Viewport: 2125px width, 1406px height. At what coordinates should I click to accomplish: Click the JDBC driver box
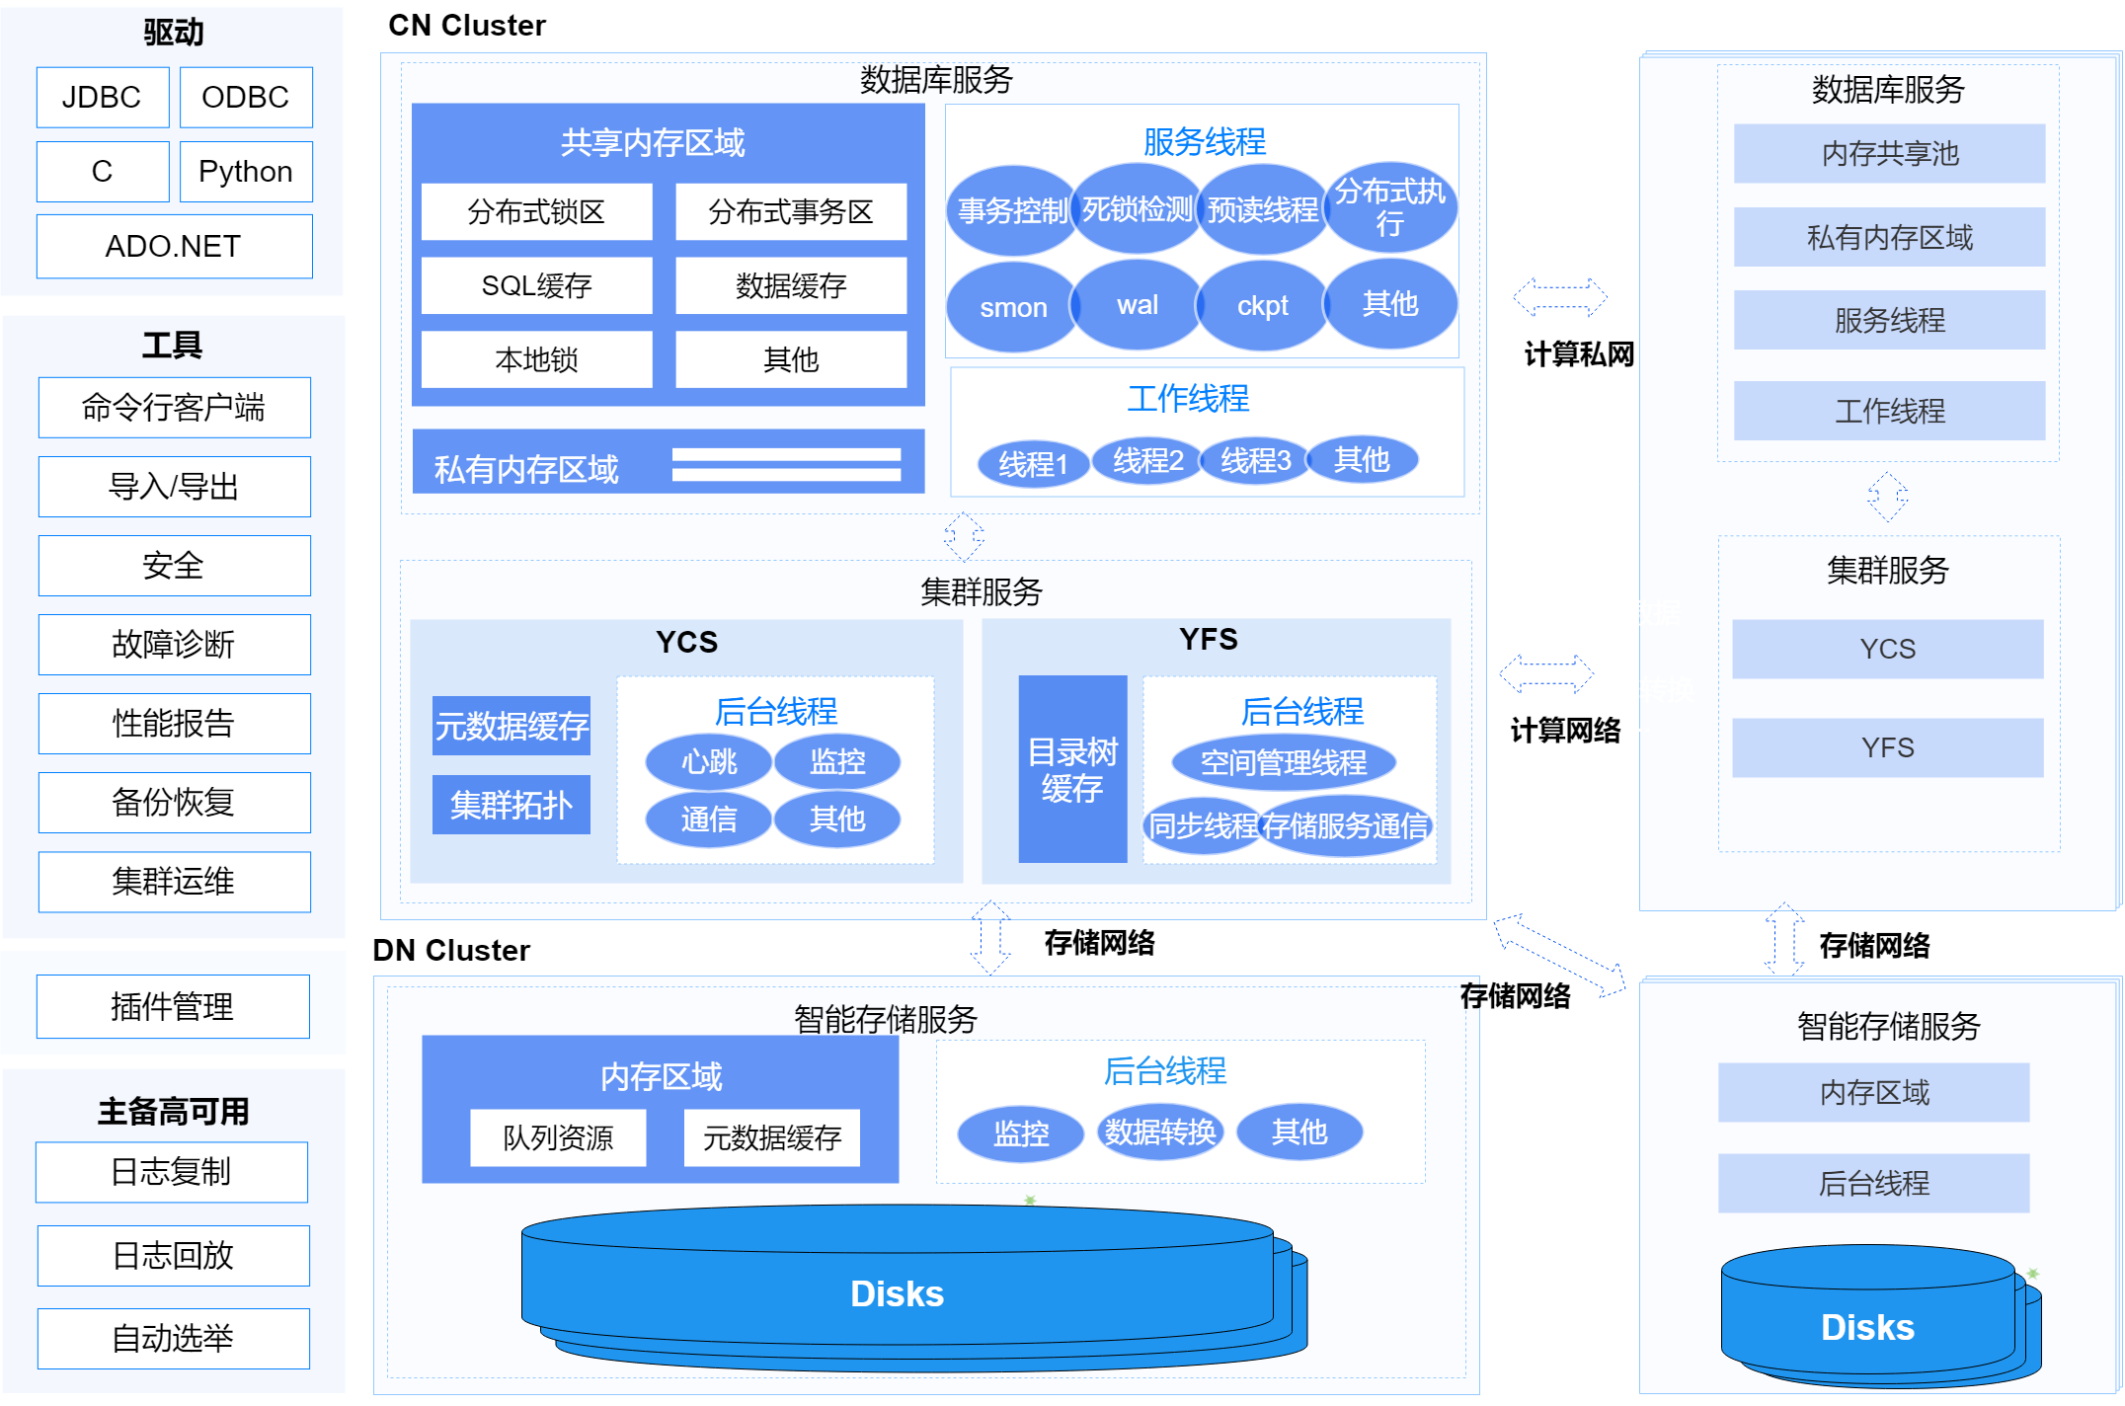coord(103,97)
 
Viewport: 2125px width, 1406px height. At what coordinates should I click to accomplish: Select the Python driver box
coord(246,172)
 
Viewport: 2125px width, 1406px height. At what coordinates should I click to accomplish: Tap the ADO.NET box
coord(174,246)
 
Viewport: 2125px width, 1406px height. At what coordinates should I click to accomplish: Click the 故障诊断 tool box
coord(174,645)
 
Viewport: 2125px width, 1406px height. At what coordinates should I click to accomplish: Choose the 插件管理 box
coord(173,1006)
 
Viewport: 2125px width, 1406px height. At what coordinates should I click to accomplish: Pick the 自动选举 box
coord(173,1338)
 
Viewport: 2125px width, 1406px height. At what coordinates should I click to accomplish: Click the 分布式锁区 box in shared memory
coord(536,211)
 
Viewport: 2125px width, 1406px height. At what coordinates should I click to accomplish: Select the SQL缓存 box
coord(536,285)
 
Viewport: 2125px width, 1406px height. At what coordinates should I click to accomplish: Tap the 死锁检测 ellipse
coord(1137,209)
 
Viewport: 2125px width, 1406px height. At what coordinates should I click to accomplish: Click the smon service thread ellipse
coord(1012,307)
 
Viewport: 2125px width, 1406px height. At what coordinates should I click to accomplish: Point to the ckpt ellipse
coord(1262,306)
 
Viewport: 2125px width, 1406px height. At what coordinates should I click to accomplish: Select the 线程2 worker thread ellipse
coord(1147,460)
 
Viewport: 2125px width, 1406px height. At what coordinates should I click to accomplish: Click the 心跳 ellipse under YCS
coord(708,761)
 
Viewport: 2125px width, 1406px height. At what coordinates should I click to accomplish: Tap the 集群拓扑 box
coord(512,805)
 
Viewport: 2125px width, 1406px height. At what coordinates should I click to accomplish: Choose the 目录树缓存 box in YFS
coord(1072,769)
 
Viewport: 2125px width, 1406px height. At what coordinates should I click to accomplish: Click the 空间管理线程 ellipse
coord(1283,762)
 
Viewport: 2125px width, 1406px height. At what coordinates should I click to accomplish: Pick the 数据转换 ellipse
coord(1160,1132)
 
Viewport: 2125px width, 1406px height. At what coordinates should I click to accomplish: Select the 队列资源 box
coord(558,1137)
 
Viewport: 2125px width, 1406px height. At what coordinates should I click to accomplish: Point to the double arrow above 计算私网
coord(1560,296)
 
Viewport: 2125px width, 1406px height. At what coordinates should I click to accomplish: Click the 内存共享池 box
coord(1889,153)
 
